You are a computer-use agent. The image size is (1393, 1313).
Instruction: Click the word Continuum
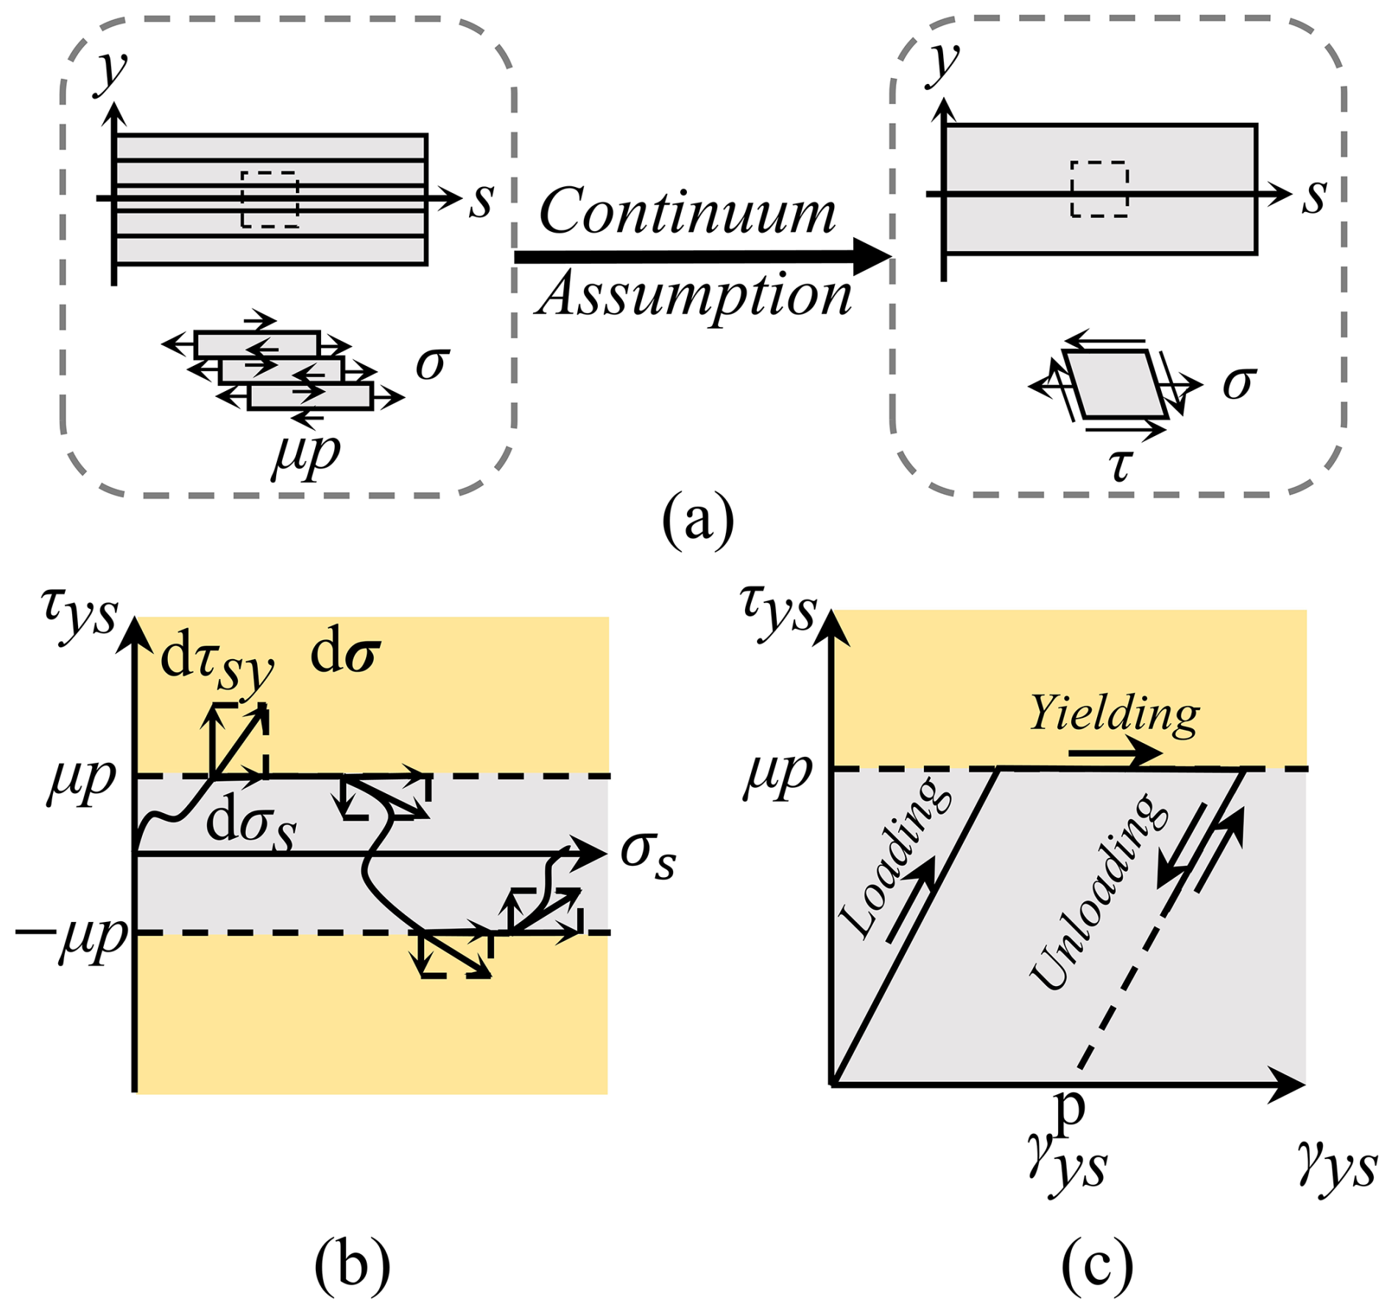pyautogui.click(x=687, y=212)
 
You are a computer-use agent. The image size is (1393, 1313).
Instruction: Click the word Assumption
pyautogui.click(x=695, y=297)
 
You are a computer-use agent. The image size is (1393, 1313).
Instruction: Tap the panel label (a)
pyautogui.click(x=697, y=520)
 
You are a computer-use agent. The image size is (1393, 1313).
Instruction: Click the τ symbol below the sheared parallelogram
pyautogui.click(x=1120, y=464)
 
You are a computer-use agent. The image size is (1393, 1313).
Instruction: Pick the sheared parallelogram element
pyautogui.click(x=1115, y=384)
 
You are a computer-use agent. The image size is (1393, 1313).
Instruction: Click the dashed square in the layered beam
pyautogui.click(x=270, y=200)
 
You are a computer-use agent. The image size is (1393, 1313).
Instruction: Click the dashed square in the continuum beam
pyautogui.click(x=1099, y=189)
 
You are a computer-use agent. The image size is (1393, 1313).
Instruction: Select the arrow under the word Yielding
pyautogui.click(x=1114, y=754)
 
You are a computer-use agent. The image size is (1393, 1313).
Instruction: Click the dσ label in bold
pyautogui.click(x=345, y=655)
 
